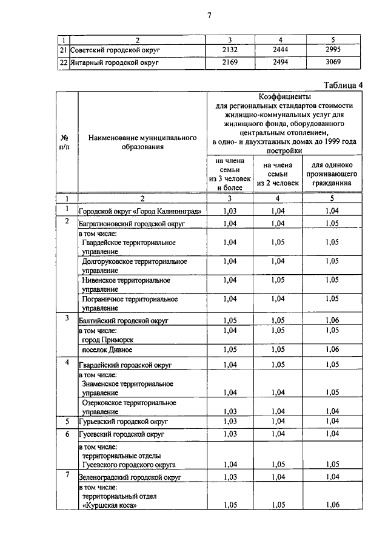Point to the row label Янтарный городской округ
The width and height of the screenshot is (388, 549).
coord(115,62)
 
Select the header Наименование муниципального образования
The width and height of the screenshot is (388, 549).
coord(142,143)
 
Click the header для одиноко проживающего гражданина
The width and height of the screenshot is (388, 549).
coord(332,173)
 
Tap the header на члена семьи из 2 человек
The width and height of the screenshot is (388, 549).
coord(278,173)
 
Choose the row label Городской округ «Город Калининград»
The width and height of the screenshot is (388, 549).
coord(140,211)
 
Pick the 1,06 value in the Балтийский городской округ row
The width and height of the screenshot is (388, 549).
coord(332,320)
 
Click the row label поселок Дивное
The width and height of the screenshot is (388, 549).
coord(107,350)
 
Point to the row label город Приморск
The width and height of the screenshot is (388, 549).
coord(107,340)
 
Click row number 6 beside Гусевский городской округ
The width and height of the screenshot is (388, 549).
coord(67,434)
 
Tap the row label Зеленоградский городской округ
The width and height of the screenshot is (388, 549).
coord(130,478)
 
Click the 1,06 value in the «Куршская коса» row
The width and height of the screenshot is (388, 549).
coord(332,505)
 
